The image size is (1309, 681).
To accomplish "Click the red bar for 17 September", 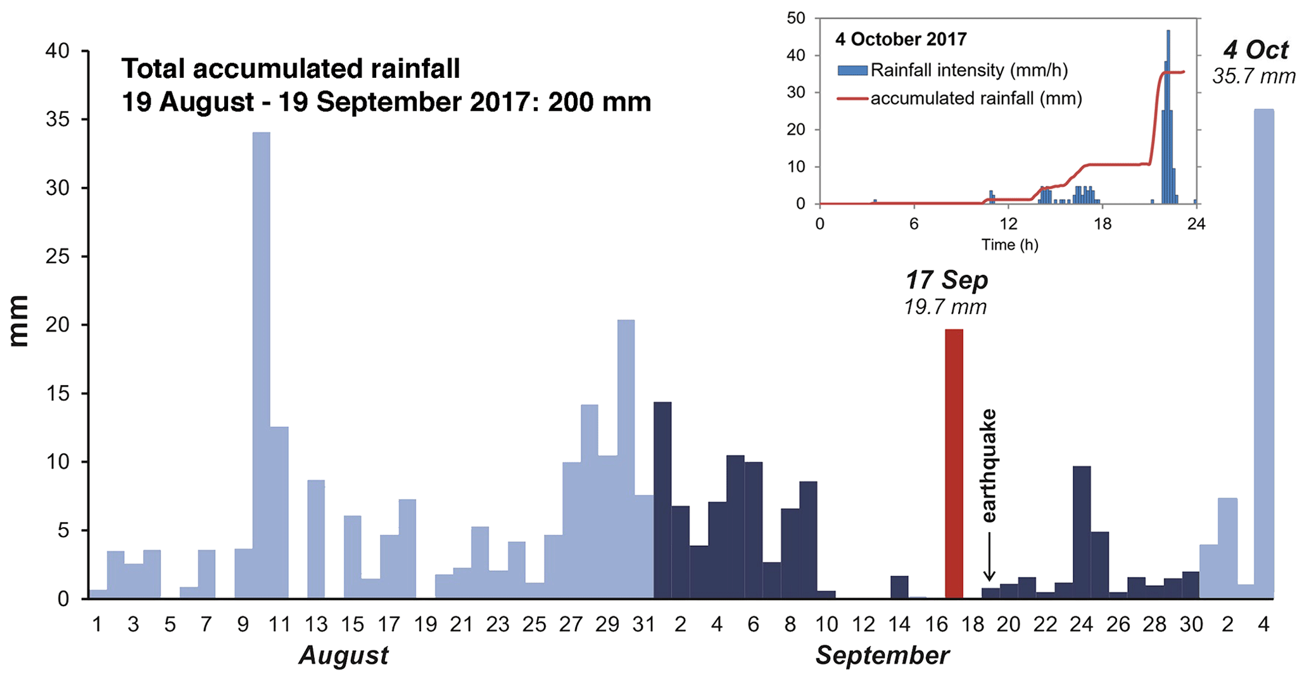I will [x=954, y=464].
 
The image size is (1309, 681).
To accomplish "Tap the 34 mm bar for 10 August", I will [x=261, y=365].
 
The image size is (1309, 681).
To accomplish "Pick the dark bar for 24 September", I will [x=1082, y=532].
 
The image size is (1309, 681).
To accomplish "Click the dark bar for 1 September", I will [x=662, y=500].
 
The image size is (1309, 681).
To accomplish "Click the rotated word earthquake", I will [x=989, y=466].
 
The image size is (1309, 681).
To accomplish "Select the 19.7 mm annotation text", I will [x=945, y=307].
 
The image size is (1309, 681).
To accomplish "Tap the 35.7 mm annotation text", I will [x=1254, y=77].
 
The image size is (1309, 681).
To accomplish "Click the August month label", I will [x=343, y=656].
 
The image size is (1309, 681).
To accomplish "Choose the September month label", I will [x=882, y=656].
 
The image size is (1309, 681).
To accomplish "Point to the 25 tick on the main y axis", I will [x=58, y=257].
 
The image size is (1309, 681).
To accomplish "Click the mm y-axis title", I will [x=20, y=321].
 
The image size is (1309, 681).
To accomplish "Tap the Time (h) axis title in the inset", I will [x=1009, y=245].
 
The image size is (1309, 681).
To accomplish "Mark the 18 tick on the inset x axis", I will [x=1103, y=224].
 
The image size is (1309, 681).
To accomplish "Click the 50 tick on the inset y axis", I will [x=796, y=18].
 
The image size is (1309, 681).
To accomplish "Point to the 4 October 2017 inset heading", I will [x=901, y=39].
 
